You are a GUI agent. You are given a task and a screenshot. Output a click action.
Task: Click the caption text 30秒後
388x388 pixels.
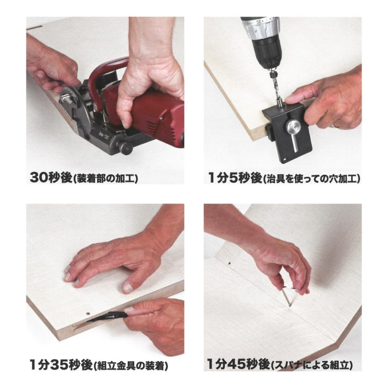[x=51, y=178]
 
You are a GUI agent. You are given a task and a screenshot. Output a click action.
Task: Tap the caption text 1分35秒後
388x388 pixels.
[x=61, y=366]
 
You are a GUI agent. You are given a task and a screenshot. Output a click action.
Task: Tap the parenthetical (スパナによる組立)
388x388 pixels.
[x=312, y=366]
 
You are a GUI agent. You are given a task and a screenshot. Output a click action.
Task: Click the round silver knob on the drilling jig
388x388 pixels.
[x=294, y=126]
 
